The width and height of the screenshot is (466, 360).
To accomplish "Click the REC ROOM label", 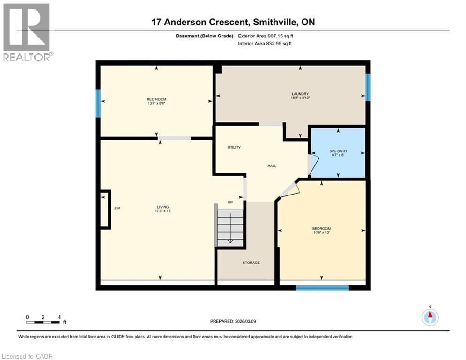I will [156, 99].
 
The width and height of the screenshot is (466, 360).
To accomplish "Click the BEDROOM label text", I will [321, 229].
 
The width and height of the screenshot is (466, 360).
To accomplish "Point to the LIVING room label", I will [163, 207].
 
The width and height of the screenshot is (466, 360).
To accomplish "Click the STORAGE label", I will [251, 262].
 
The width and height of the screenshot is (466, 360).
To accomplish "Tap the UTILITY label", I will [234, 147].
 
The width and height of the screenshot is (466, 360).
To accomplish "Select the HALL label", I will [272, 165].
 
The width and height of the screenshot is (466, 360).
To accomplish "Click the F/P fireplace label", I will [118, 208].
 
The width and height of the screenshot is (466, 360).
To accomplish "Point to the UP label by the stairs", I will [230, 202].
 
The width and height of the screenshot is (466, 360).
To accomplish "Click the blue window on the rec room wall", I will [98, 100].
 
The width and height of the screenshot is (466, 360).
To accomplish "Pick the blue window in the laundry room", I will [368, 87].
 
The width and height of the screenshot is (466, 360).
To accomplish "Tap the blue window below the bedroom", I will [322, 287].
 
